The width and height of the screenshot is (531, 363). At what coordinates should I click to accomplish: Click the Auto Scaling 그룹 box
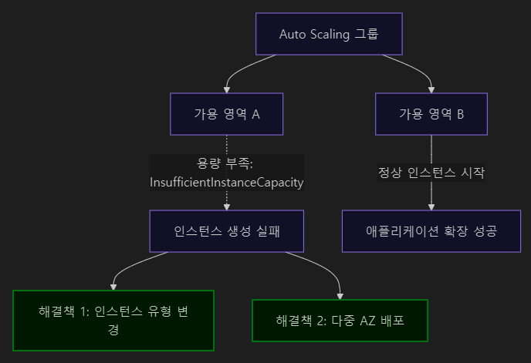tap(329, 35)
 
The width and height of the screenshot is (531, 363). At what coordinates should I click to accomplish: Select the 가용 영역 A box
tap(226, 114)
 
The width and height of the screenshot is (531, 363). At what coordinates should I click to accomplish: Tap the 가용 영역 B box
tap(431, 114)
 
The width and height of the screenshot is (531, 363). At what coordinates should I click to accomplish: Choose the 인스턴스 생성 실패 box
tap(226, 230)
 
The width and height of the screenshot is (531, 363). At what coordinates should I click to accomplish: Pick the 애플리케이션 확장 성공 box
tap(431, 230)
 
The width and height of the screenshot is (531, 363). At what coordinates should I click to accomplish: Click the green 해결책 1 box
tap(113, 320)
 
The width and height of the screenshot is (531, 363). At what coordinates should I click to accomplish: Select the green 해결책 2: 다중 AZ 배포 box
tap(339, 320)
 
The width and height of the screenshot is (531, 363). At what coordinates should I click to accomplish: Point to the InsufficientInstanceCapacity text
tap(226, 183)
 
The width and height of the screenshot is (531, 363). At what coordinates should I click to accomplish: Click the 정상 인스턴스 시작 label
tap(431, 173)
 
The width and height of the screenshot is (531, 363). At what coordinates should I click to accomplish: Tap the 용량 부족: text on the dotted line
tap(226, 163)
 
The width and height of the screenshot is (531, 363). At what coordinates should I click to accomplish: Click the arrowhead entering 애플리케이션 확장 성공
tap(431, 206)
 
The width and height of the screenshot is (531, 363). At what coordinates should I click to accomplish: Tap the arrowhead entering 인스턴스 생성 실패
tap(226, 206)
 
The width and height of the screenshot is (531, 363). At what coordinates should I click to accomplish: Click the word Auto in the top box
tap(293, 35)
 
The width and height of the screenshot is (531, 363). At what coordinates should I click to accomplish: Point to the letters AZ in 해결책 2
tap(367, 320)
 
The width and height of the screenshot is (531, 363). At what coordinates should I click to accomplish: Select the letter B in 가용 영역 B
tap(460, 114)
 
